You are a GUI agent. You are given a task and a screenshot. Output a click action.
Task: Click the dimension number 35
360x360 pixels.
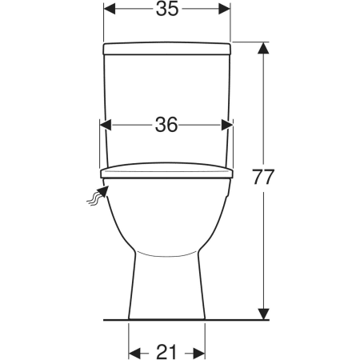167,9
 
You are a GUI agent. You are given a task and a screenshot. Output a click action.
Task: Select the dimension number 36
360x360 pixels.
166,125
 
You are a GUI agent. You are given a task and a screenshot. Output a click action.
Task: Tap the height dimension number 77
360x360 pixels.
263,177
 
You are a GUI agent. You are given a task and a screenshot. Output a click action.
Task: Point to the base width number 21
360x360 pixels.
166,352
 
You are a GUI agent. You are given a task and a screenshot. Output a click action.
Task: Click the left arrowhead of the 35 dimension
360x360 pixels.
110,9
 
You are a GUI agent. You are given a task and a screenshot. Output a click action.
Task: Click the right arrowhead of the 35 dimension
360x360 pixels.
224,9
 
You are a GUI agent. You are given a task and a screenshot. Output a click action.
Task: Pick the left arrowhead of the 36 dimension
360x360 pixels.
106,125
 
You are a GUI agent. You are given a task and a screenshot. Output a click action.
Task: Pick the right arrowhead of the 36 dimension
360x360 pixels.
227,125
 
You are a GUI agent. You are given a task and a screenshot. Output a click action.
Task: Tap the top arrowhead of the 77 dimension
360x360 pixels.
263,48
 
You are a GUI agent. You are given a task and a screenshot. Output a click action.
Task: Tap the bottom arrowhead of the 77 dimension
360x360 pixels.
263,314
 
